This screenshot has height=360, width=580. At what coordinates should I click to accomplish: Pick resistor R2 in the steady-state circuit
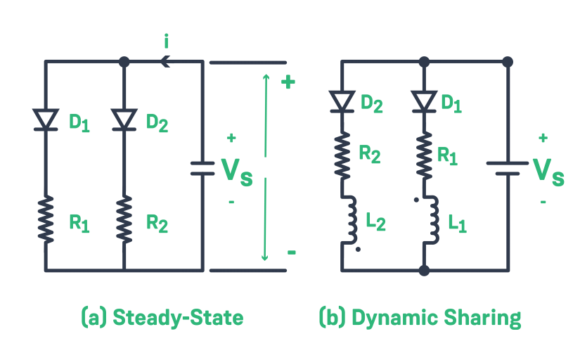[124, 219]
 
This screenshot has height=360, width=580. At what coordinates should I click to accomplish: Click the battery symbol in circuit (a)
[203, 169]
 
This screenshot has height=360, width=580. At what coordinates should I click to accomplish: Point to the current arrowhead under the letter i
[165, 62]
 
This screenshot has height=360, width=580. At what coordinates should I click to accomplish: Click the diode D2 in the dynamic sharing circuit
[342, 101]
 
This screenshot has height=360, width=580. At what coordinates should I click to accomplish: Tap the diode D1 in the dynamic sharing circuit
[424, 101]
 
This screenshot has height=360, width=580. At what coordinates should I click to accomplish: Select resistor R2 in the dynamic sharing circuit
[342, 155]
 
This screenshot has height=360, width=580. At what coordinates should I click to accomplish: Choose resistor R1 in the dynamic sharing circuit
[424, 155]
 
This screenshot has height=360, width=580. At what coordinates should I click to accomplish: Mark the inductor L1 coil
[430, 220]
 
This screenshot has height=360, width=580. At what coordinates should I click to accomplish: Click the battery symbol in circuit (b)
[508, 169]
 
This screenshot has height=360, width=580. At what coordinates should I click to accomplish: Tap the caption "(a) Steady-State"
[162, 318]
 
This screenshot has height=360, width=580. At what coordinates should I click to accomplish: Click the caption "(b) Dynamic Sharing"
[420, 318]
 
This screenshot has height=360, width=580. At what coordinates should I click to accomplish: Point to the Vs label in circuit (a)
[236, 169]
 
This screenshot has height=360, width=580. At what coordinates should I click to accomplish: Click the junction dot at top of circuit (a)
[124, 62]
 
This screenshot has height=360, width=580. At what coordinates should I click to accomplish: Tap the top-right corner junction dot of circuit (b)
[508, 62]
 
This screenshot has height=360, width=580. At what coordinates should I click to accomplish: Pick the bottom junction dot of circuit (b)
[424, 270]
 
